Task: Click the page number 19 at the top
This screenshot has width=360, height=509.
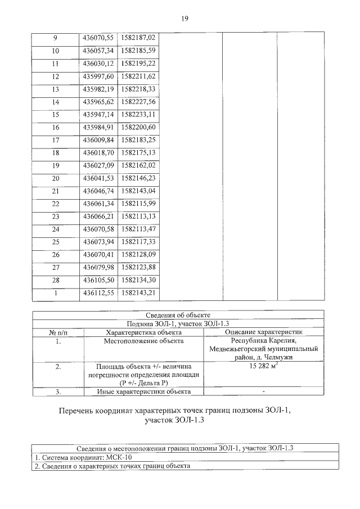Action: [184, 19]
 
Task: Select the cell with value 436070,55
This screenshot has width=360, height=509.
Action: [98, 38]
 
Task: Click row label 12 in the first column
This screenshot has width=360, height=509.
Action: [55, 76]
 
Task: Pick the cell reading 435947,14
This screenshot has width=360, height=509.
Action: [98, 114]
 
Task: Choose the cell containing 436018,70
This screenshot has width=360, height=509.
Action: [98, 152]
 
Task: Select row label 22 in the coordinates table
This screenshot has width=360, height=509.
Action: [55, 203]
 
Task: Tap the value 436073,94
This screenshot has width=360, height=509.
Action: [98, 241]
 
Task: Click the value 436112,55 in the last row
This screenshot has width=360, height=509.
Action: [98, 292]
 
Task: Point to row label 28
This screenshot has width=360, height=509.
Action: [55, 280]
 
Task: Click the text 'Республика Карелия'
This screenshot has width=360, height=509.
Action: [263, 340]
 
